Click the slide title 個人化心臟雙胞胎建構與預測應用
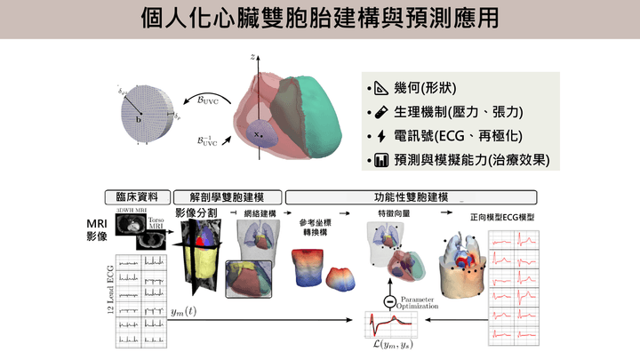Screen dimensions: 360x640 tap(320, 19)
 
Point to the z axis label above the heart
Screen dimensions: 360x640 tap(254, 56)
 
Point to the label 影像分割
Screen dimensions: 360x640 tap(196, 213)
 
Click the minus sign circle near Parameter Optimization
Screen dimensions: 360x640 tap(388, 299)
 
